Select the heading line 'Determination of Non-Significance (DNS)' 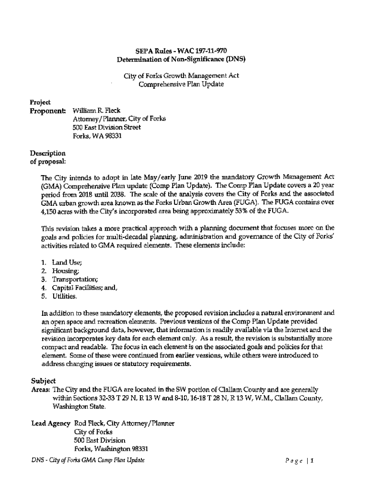click(181, 59)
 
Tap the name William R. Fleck click(97, 111)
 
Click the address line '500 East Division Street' click(107, 128)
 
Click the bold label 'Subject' click(44, 381)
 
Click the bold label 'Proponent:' click(47, 111)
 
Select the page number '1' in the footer click(311, 461)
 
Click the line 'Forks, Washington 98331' click(111, 449)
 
